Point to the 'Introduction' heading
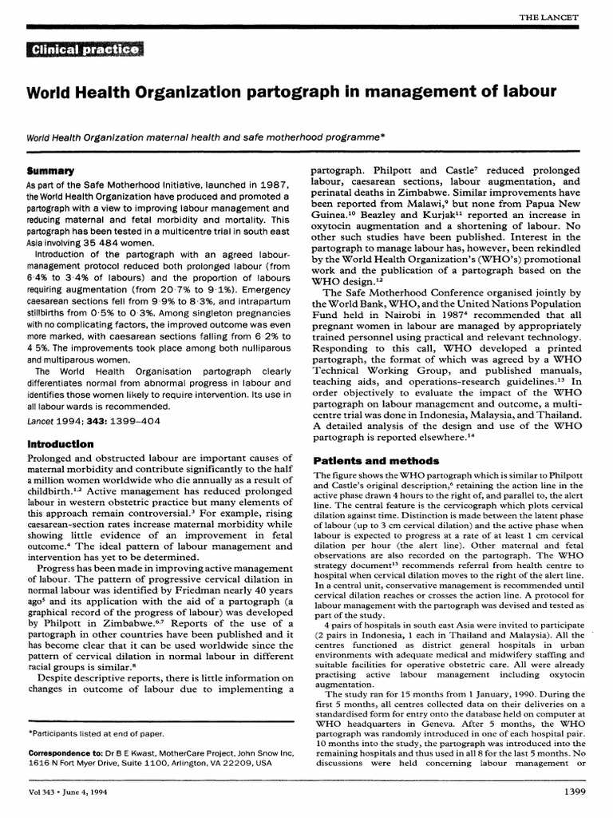(x=61, y=443)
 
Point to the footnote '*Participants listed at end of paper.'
(x=97, y=733)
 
